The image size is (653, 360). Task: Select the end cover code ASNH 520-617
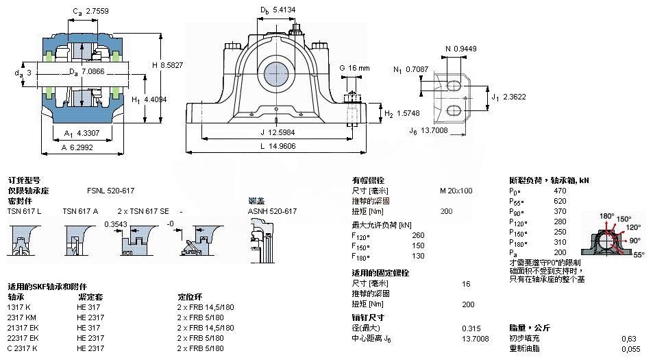point(272,211)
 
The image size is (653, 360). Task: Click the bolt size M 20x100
point(456,191)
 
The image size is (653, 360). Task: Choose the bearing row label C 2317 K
point(23,348)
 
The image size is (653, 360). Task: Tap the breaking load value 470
point(560,191)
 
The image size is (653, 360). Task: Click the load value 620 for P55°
point(560,201)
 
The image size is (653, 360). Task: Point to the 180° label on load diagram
point(606,216)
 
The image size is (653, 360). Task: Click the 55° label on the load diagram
point(639,254)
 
